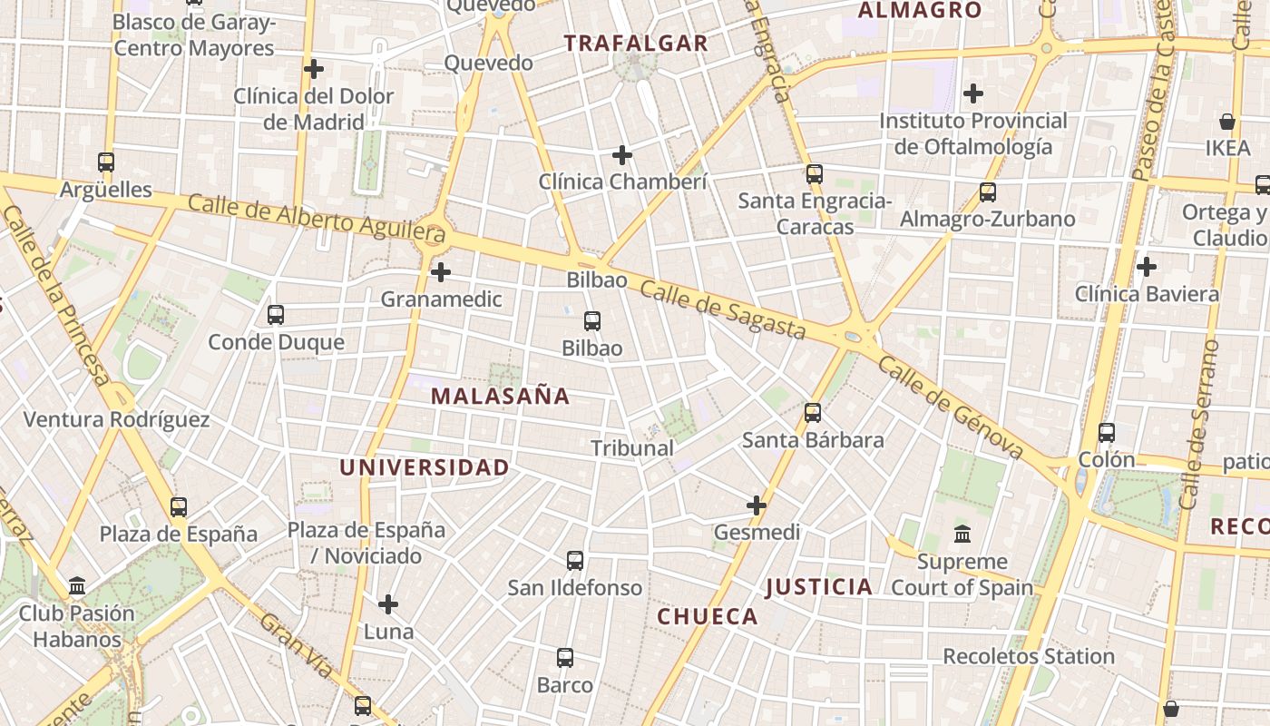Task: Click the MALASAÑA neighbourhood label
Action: pos(500,396)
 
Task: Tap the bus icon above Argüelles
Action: pos(106,162)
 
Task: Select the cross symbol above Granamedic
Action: pos(441,271)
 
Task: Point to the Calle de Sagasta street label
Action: pos(723,309)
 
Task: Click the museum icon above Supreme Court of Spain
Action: pos(962,534)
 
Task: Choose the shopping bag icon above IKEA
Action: pos(1227,121)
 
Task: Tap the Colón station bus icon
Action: pos(1107,432)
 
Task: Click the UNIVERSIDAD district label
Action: pos(424,467)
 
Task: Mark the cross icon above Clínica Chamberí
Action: pos(622,155)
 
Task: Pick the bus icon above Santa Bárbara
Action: pos(813,413)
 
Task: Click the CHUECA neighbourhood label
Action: pos(708,617)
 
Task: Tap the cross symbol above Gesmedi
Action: pos(757,505)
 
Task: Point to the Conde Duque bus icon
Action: pos(276,315)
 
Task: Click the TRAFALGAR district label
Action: pos(635,43)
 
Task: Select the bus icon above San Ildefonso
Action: pos(575,561)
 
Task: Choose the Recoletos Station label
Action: pos(1029,656)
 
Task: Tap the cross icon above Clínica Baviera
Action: pos(1147,267)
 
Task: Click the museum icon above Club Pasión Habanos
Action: pos(77,585)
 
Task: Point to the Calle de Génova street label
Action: pos(951,407)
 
